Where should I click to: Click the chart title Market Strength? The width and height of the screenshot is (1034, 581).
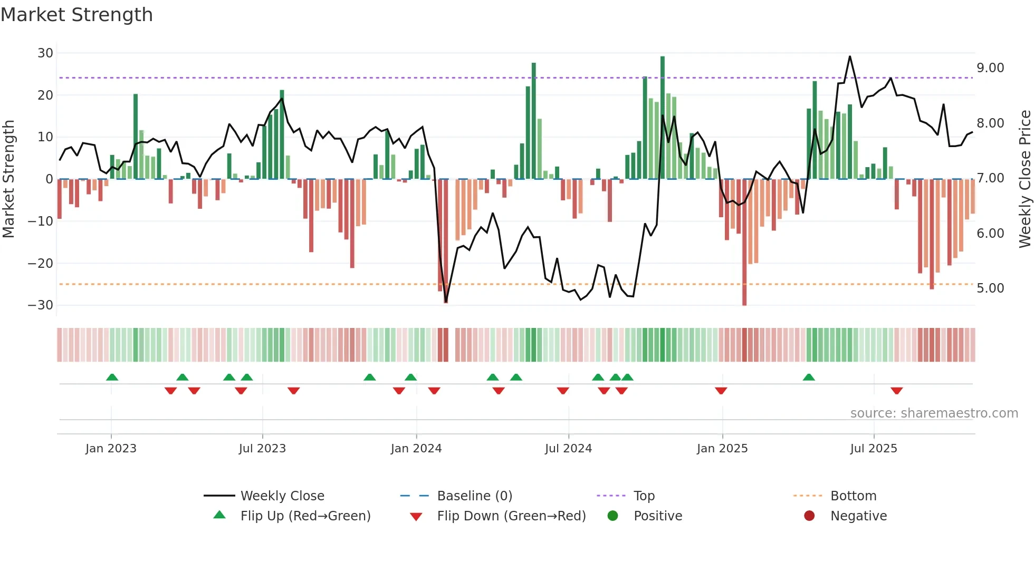pyautogui.click(x=76, y=15)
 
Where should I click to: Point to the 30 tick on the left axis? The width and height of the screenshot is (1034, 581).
pyautogui.click(x=45, y=53)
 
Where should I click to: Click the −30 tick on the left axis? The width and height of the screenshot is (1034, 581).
pyautogui.click(x=41, y=305)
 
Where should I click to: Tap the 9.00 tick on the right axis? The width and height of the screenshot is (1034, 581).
pyautogui.click(x=990, y=68)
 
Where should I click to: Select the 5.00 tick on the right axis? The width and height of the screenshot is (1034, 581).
pyautogui.click(x=990, y=288)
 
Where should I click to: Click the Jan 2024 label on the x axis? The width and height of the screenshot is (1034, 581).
pyautogui.click(x=416, y=449)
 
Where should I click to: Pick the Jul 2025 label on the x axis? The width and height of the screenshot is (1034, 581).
pyautogui.click(x=873, y=449)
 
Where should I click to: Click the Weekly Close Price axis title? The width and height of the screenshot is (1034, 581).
pyautogui.click(x=1025, y=179)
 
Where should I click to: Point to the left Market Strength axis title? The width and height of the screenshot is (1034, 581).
pyautogui.click(x=8, y=179)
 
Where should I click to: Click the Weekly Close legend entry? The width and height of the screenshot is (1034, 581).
pyautogui.click(x=282, y=496)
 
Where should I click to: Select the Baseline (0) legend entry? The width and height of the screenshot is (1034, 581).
pyautogui.click(x=474, y=496)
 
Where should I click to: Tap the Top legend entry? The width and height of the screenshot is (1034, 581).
pyautogui.click(x=644, y=496)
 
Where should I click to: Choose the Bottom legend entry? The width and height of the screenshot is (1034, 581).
pyautogui.click(x=853, y=496)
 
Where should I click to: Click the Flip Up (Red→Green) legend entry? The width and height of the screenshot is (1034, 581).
pyautogui.click(x=305, y=516)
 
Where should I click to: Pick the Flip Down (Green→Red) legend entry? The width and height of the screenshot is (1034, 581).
pyautogui.click(x=511, y=516)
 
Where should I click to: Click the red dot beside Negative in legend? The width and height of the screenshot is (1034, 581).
pyautogui.click(x=809, y=516)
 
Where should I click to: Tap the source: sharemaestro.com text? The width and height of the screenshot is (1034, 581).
pyautogui.click(x=934, y=413)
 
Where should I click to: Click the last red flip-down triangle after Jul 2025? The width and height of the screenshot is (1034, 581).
pyautogui.click(x=896, y=391)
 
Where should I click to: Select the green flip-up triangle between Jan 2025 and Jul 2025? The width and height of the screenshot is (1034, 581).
pyautogui.click(x=808, y=377)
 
